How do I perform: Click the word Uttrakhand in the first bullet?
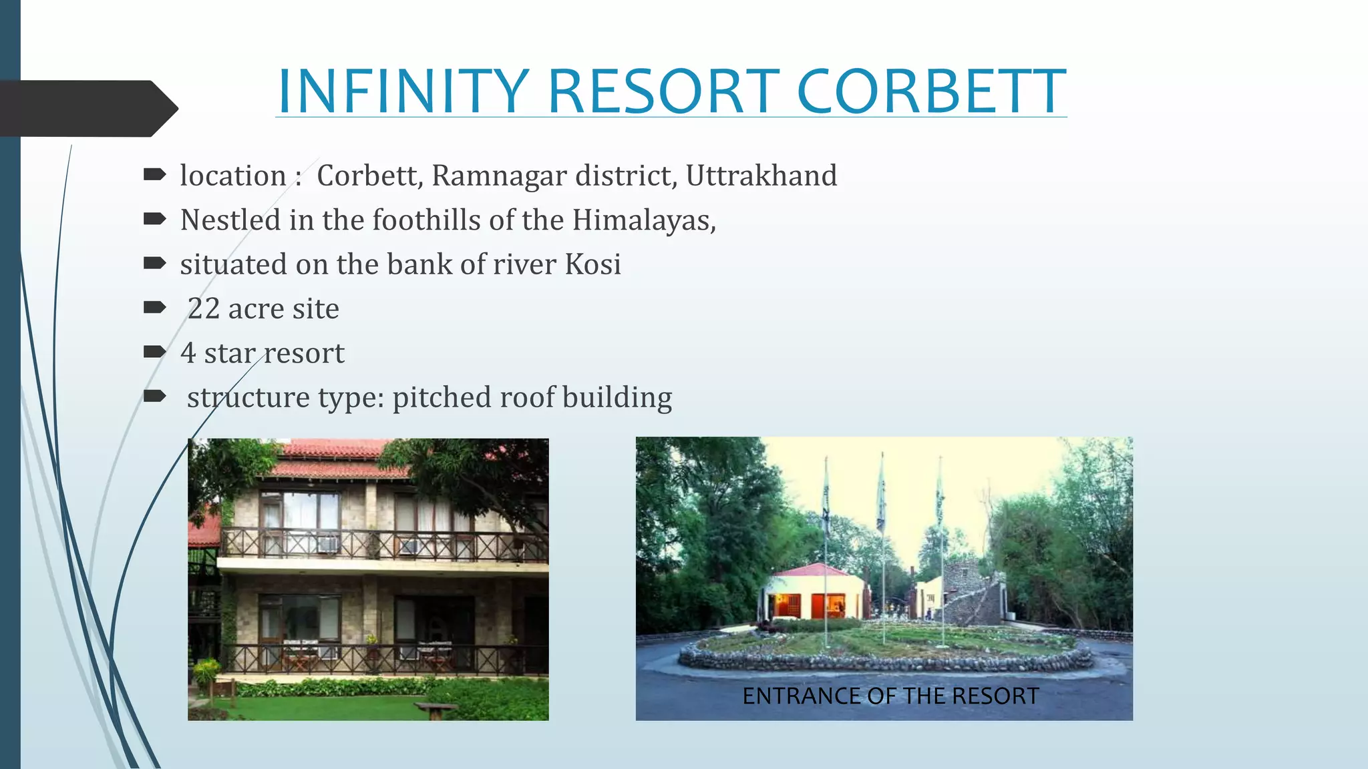(x=761, y=176)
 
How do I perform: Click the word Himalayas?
(x=643, y=220)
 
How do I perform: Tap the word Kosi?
(x=592, y=264)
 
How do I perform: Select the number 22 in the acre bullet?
(x=204, y=309)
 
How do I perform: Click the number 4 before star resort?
(x=188, y=353)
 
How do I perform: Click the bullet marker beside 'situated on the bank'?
(x=154, y=264)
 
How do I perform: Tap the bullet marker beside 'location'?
(x=154, y=175)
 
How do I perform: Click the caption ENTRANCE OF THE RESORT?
(x=890, y=696)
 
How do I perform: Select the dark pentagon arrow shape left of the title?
(x=87, y=109)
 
